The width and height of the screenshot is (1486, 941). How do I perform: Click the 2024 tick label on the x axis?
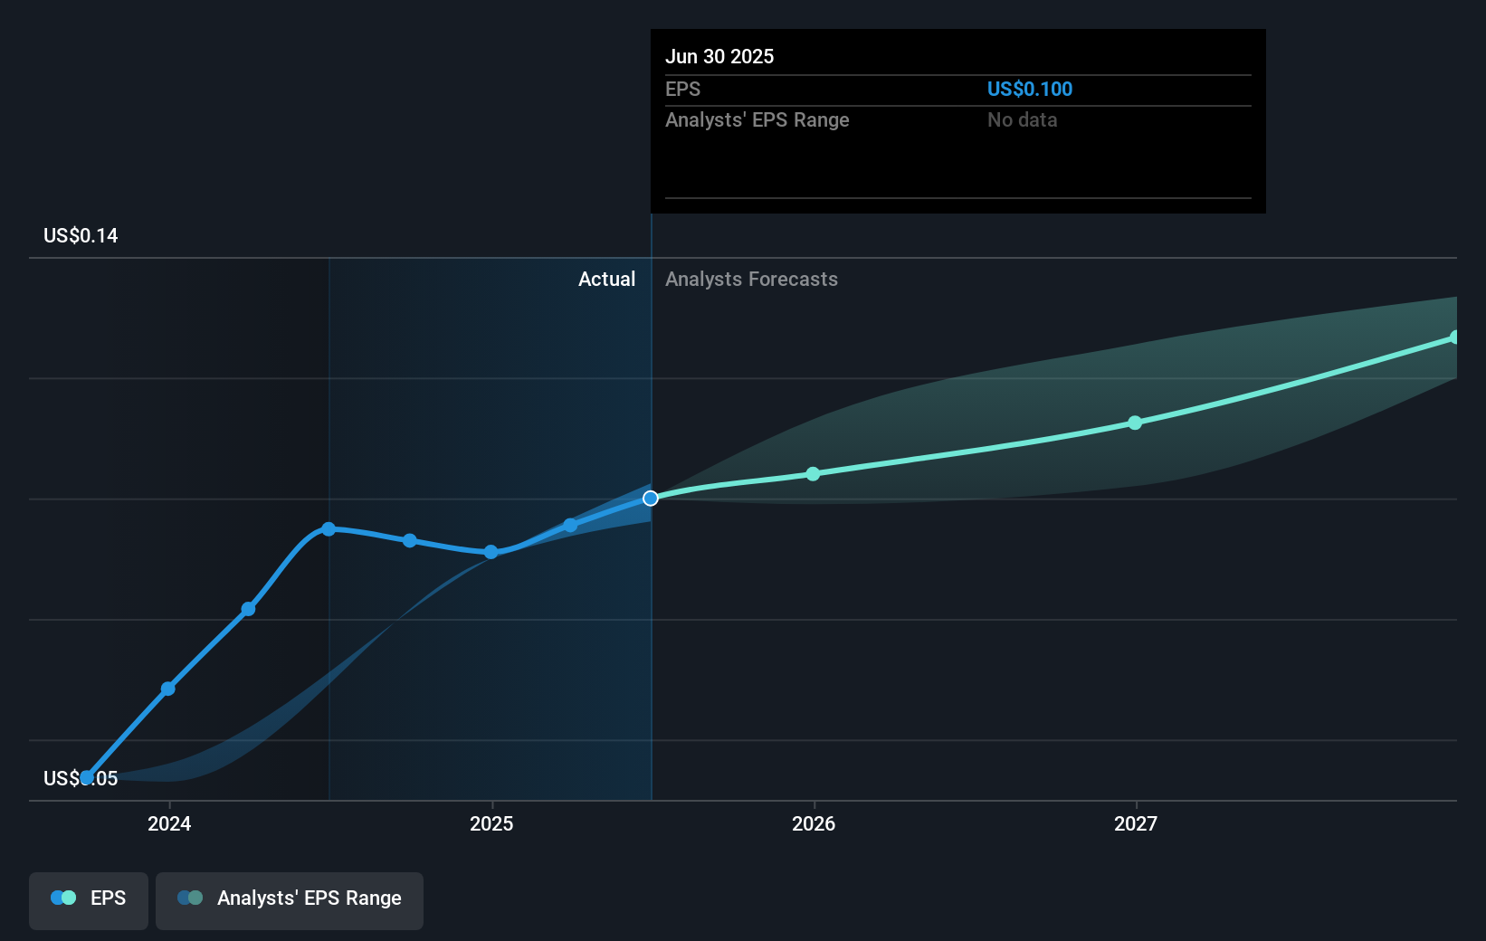[169, 823]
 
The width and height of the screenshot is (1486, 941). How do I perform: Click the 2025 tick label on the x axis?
[491, 823]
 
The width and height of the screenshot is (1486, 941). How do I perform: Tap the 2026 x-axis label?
[814, 823]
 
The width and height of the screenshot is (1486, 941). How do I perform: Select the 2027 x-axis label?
[1136, 823]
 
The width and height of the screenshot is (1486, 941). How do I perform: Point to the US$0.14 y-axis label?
[81, 235]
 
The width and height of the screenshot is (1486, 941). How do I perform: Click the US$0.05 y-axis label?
[81, 778]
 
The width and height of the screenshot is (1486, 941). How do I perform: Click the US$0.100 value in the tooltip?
[1029, 89]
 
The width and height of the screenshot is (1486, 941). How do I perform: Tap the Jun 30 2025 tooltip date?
[719, 56]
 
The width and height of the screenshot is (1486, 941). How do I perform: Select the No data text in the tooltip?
[1022, 119]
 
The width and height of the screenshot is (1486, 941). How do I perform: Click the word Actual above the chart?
[606, 279]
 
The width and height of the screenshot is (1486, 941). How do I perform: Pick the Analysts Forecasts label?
[751, 279]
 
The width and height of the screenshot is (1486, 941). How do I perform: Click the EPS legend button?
[89, 899]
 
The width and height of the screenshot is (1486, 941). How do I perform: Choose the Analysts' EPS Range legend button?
[290, 899]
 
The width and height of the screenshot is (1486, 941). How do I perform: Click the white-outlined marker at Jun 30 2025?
[651, 499]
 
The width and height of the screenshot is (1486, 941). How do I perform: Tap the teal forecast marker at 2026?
[813, 474]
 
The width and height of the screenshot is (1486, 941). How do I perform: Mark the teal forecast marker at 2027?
[1135, 423]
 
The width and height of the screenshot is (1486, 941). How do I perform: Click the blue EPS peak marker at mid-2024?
[329, 529]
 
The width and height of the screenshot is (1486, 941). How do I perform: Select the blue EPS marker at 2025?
[491, 552]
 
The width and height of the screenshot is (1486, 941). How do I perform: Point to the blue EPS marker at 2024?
[168, 689]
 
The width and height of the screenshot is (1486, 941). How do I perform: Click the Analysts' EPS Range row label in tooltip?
[757, 119]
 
